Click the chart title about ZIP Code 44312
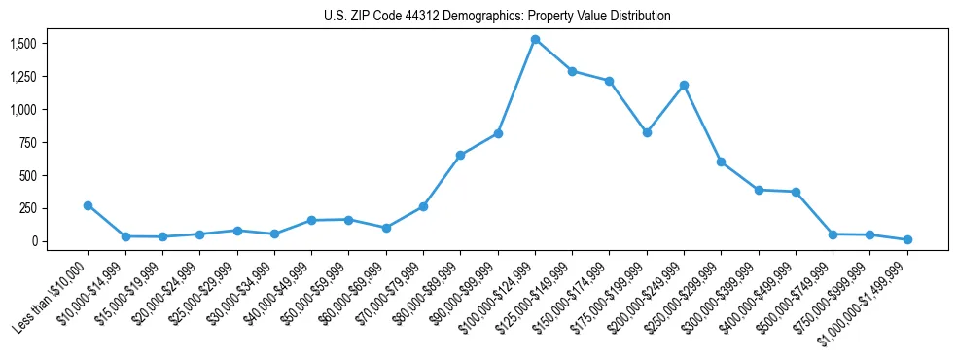(497, 16)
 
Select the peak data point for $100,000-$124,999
(535, 39)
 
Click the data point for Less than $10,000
(88, 205)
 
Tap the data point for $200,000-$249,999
(684, 85)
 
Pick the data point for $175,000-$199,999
(647, 132)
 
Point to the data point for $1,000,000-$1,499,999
(907, 239)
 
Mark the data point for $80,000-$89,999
(460, 155)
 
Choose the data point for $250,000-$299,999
(721, 162)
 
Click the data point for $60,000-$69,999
(386, 228)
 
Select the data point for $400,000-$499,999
(796, 192)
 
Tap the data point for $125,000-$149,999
(572, 71)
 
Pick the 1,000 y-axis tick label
(23, 110)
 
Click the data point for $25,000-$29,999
(236, 231)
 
